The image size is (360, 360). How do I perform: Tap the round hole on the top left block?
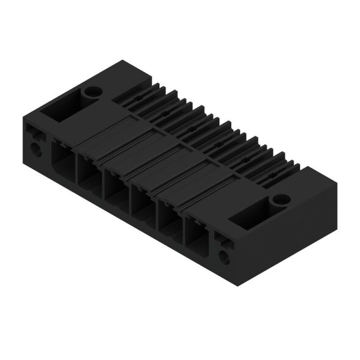point(93,93)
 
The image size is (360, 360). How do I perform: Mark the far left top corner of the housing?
point(24,115)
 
